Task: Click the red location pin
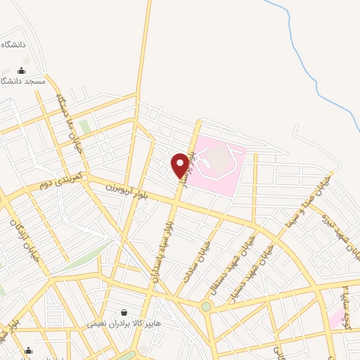click(x=180, y=165)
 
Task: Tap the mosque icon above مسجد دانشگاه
click(x=21, y=71)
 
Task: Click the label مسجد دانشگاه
click(x=24, y=82)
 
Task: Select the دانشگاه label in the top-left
click(x=13, y=44)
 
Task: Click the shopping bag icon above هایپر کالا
click(x=124, y=313)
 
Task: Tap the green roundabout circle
click(x=206, y=307)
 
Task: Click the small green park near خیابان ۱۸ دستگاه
click(x=84, y=127)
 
